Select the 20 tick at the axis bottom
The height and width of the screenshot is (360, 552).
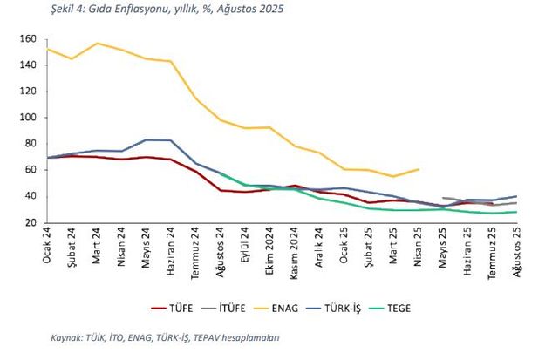point(29,222)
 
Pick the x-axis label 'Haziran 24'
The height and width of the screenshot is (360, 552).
point(171,252)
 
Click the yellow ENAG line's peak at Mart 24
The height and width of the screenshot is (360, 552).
point(97,43)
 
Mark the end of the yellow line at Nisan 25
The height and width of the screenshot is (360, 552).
point(419,169)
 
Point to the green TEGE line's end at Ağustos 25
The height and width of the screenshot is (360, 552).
point(518,212)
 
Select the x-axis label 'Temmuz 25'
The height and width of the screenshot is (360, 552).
point(494,252)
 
